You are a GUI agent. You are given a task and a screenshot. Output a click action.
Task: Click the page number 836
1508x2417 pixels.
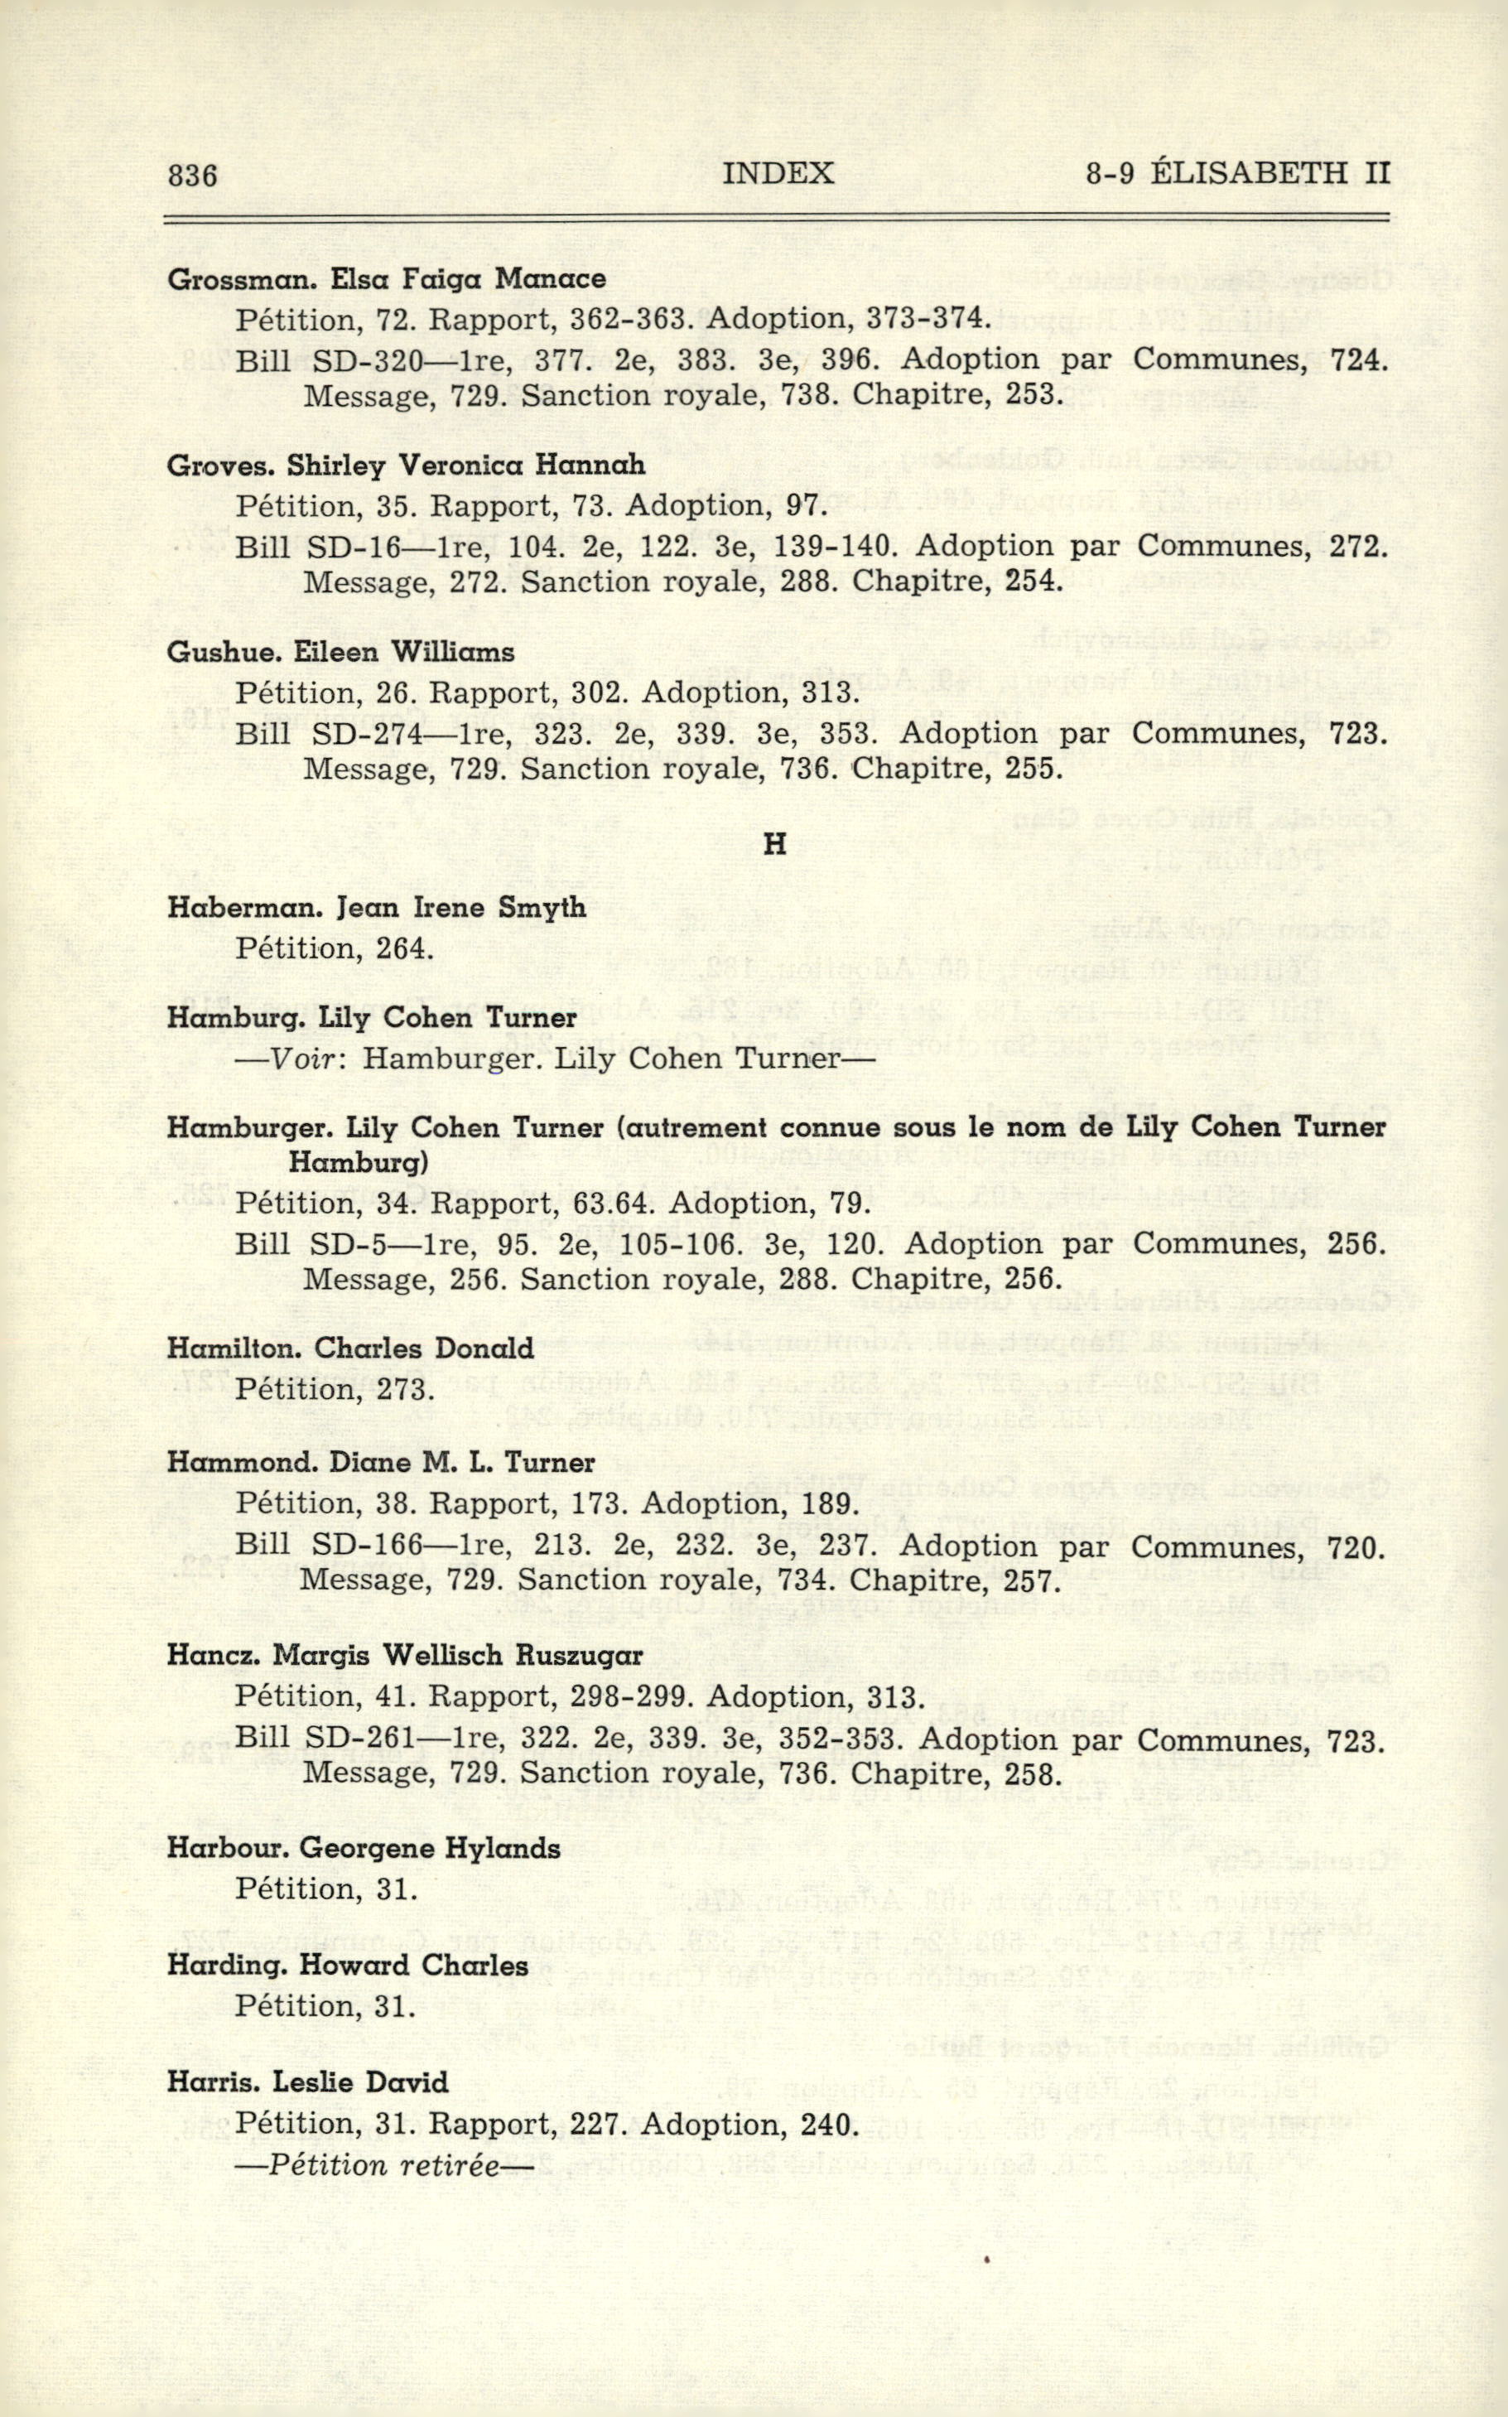192,176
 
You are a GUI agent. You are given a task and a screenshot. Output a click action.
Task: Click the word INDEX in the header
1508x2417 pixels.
778,174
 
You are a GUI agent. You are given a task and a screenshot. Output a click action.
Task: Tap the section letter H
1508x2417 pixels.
774,845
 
